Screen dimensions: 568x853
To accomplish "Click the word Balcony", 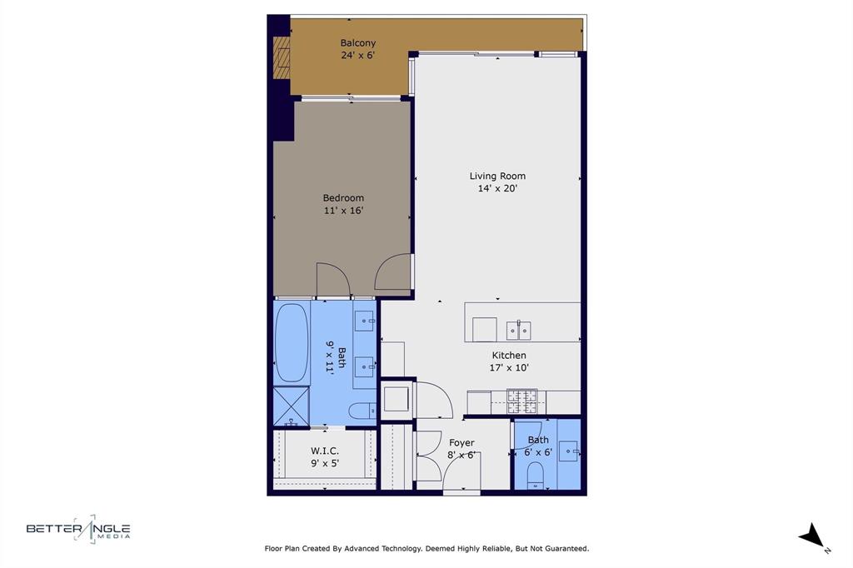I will tap(357, 43).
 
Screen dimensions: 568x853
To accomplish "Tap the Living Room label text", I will tap(497, 176).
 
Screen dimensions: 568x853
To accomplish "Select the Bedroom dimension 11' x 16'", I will tap(343, 211).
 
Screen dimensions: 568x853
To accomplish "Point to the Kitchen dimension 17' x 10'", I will tap(508, 367).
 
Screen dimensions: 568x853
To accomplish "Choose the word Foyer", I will tap(461, 443).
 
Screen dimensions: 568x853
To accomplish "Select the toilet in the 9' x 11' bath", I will tap(362, 410).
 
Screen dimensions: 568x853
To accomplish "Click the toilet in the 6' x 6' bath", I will tap(536, 475).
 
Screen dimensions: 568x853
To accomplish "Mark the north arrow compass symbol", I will tap(811, 536).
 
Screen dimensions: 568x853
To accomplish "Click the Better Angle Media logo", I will tap(78, 529).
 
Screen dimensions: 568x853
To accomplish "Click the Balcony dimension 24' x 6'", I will tap(357, 56).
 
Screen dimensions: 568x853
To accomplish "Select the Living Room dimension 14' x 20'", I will tap(497, 188).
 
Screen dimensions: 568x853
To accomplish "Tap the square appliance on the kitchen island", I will tap(484, 330).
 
